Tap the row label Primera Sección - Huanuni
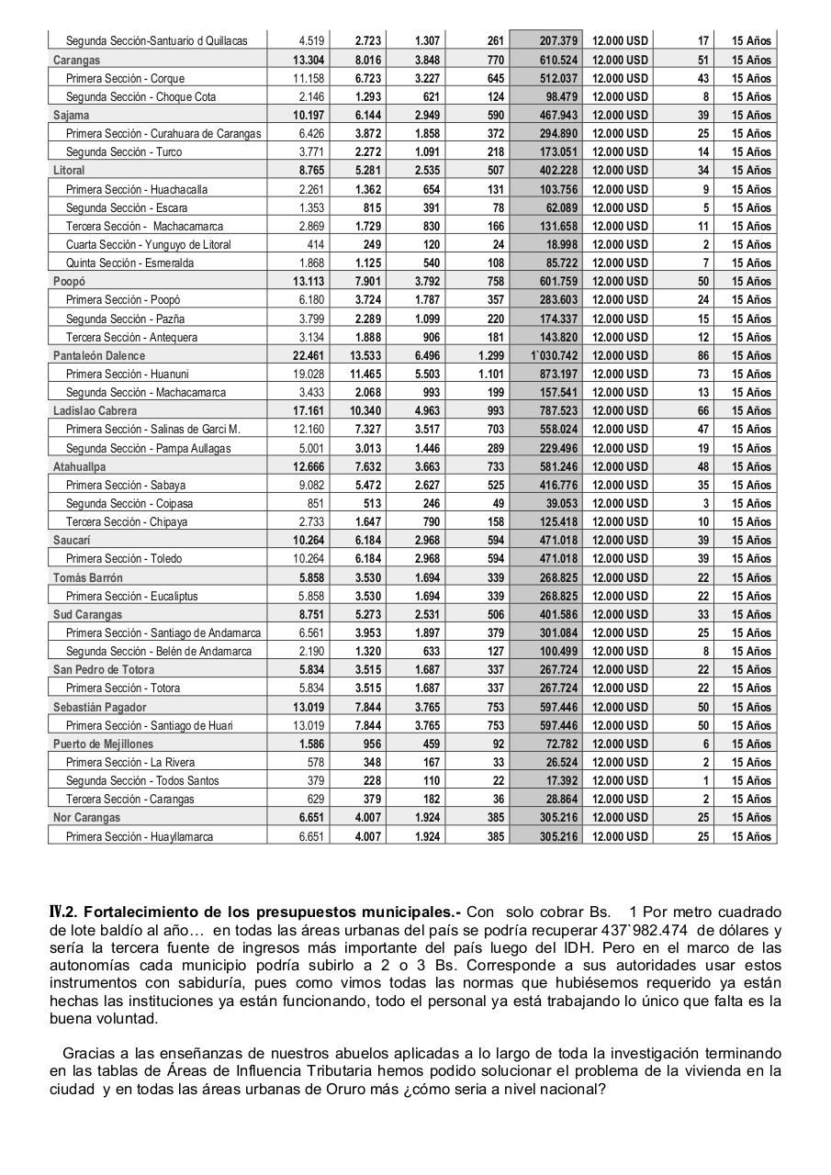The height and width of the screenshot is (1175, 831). (127, 374)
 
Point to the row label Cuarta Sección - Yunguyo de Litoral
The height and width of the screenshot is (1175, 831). (148, 244)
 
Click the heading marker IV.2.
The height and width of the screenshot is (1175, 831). (64, 912)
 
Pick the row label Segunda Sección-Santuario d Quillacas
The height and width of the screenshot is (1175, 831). (156, 40)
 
